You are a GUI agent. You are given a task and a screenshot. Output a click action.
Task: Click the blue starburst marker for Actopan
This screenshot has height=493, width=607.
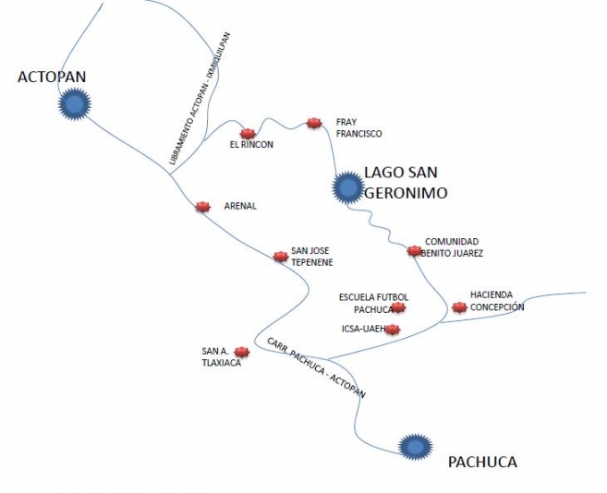tap(74, 104)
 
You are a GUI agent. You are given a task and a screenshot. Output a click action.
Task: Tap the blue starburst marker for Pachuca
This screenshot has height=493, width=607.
tap(416, 447)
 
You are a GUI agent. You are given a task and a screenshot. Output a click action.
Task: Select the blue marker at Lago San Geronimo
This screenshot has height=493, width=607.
tap(348, 187)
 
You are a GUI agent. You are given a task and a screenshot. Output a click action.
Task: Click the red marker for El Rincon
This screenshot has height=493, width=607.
tap(248, 134)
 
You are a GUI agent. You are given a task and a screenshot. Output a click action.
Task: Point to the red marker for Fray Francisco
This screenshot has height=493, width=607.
tap(314, 123)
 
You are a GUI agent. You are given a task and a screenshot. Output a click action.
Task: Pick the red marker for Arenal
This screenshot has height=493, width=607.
tap(202, 207)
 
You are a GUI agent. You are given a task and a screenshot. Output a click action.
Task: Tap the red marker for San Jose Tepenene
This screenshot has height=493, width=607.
tap(281, 256)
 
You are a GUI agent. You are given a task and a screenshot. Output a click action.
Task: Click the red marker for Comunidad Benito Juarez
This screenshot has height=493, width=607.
tap(414, 251)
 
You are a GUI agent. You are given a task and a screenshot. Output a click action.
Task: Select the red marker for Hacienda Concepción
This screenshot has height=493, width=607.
tap(459, 307)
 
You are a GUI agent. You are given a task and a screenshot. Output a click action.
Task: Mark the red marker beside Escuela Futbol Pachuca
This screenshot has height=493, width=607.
tap(398, 307)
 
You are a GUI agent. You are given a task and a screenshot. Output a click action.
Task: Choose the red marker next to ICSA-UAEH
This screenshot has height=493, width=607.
tap(393, 330)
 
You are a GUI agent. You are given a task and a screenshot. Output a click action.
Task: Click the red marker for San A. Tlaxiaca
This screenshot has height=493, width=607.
tap(242, 352)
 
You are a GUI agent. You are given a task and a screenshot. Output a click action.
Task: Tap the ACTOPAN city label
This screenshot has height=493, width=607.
tap(52, 77)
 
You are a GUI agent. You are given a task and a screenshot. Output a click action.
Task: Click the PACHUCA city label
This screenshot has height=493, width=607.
tap(482, 462)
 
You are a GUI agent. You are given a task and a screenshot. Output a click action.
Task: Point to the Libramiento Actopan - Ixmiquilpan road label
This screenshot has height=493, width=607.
tap(200, 99)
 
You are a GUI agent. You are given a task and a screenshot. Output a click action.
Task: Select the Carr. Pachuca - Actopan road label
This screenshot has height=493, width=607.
tap(316, 367)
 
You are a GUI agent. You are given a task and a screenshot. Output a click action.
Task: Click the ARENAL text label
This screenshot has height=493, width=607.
tap(240, 206)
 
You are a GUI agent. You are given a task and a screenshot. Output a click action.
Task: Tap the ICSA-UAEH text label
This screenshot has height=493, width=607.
tap(363, 329)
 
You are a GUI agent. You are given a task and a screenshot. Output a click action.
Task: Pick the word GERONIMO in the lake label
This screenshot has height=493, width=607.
tap(407, 192)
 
